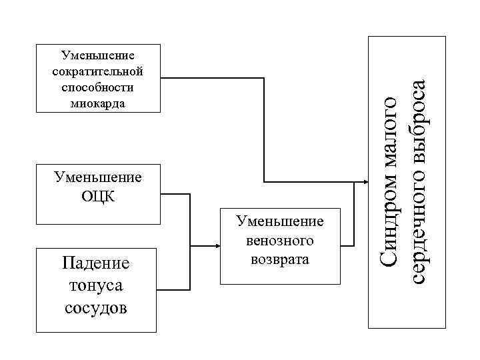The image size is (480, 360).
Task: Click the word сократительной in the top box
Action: [x=97, y=71]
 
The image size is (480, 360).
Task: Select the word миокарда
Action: [x=97, y=103]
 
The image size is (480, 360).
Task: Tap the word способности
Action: [x=97, y=87]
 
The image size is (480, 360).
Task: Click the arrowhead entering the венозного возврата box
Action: [x=217, y=245]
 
